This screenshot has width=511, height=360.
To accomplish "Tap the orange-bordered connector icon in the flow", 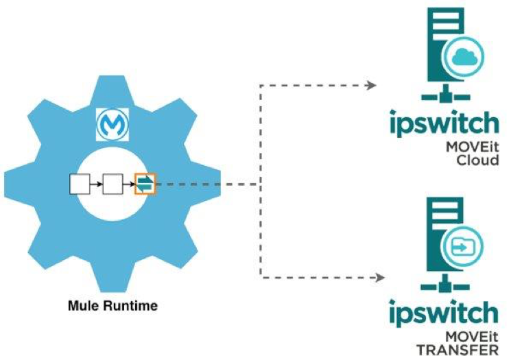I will click(145, 184).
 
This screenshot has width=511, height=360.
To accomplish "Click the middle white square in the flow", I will click(112, 184).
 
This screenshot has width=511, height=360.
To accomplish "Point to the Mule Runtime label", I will click(112, 306).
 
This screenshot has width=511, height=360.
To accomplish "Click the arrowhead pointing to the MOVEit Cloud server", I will click(372, 86).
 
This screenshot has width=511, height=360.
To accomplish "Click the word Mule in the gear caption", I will click(82, 306).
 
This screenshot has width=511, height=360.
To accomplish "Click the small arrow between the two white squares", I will click(97, 184).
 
